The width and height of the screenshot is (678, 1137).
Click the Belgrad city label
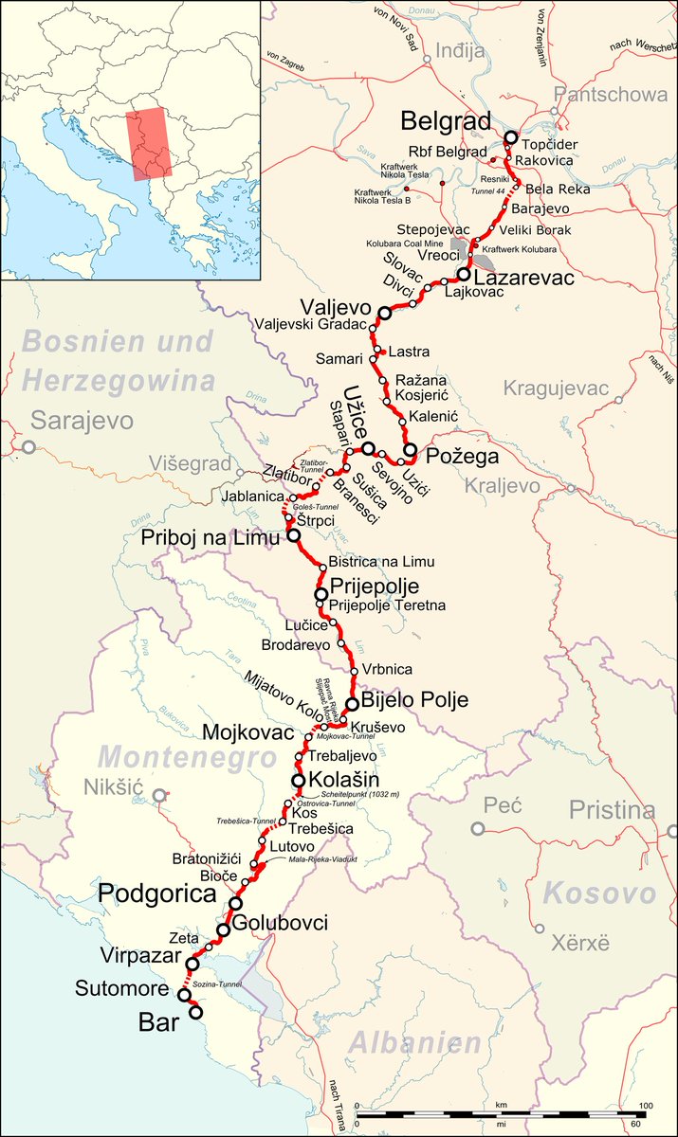(x=446, y=121)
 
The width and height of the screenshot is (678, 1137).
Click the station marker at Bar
(x=196, y=1012)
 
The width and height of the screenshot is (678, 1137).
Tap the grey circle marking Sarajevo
(x=29, y=447)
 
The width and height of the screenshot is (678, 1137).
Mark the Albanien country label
(x=415, y=1043)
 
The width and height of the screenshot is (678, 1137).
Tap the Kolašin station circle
(x=299, y=781)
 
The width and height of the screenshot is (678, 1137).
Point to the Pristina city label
(x=612, y=810)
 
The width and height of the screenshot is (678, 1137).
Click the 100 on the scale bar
(x=645, y=1107)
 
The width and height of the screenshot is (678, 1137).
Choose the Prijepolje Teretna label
(x=386, y=605)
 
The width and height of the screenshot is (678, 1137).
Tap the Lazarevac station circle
(x=463, y=276)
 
